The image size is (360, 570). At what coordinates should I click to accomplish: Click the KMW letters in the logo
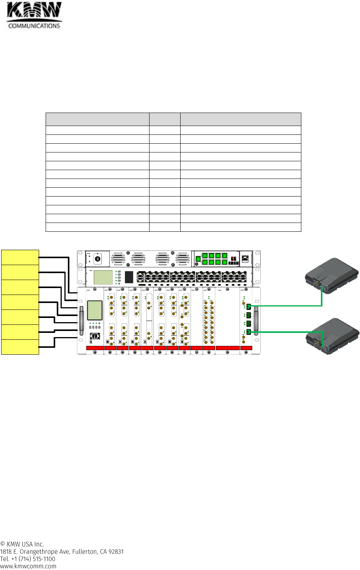[x=34, y=11]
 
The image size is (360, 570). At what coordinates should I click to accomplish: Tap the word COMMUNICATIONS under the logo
[x=34, y=26]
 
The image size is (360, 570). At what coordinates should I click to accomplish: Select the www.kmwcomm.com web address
[x=28, y=566]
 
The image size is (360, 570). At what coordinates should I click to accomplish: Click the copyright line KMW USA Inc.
[x=22, y=544]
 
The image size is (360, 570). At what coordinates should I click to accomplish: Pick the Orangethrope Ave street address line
[x=62, y=552]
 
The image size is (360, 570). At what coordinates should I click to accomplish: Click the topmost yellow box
[x=20, y=257]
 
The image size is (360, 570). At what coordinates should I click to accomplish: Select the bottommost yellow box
[x=20, y=347]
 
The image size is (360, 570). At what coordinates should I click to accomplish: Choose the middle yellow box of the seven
[x=20, y=302]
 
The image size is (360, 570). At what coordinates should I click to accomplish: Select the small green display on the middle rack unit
[x=103, y=277]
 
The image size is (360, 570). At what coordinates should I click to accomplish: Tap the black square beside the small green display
[x=129, y=277]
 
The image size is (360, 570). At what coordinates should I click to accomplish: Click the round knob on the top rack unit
[x=97, y=259]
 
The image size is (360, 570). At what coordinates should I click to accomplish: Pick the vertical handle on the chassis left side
[x=81, y=321]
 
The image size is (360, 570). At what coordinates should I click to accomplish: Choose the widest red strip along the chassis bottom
[x=228, y=348]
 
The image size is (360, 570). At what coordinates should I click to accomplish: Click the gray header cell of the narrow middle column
[x=164, y=119]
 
